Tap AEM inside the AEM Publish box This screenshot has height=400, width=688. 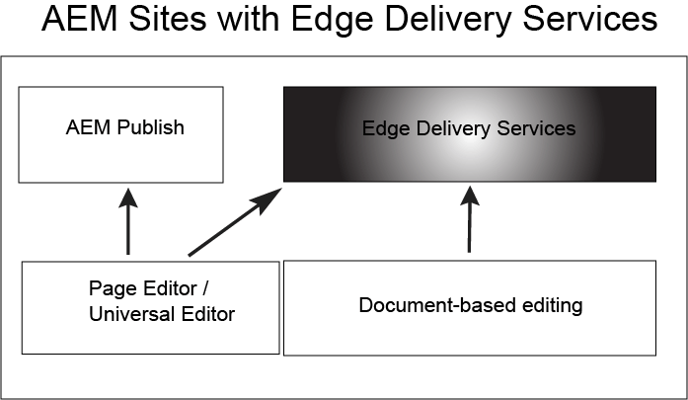pyautogui.click(x=85, y=127)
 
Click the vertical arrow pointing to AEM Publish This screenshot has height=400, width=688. pyautogui.click(x=127, y=224)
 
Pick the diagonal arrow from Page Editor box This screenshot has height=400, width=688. pyautogui.click(x=233, y=224)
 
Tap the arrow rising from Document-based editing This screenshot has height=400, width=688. pyautogui.click(x=467, y=222)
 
